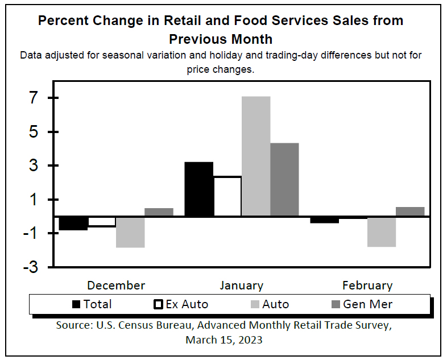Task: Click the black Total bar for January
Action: click(x=199, y=189)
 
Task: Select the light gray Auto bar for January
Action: click(x=256, y=156)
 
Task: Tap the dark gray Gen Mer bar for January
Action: click(x=284, y=179)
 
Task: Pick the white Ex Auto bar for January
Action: click(x=227, y=196)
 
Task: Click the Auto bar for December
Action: click(x=130, y=232)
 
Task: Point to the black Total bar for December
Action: click(x=73, y=224)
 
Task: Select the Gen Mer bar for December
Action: click(x=159, y=212)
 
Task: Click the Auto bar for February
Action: click(x=382, y=231)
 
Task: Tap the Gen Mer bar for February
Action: click(x=410, y=212)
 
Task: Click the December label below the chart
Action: click(x=116, y=285)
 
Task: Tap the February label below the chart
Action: click(x=367, y=285)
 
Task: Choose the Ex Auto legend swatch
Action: click(x=159, y=304)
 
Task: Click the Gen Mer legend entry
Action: click(x=367, y=304)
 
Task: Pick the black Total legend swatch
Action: click(x=77, y=304)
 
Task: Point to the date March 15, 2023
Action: click(x=223, y=340)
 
